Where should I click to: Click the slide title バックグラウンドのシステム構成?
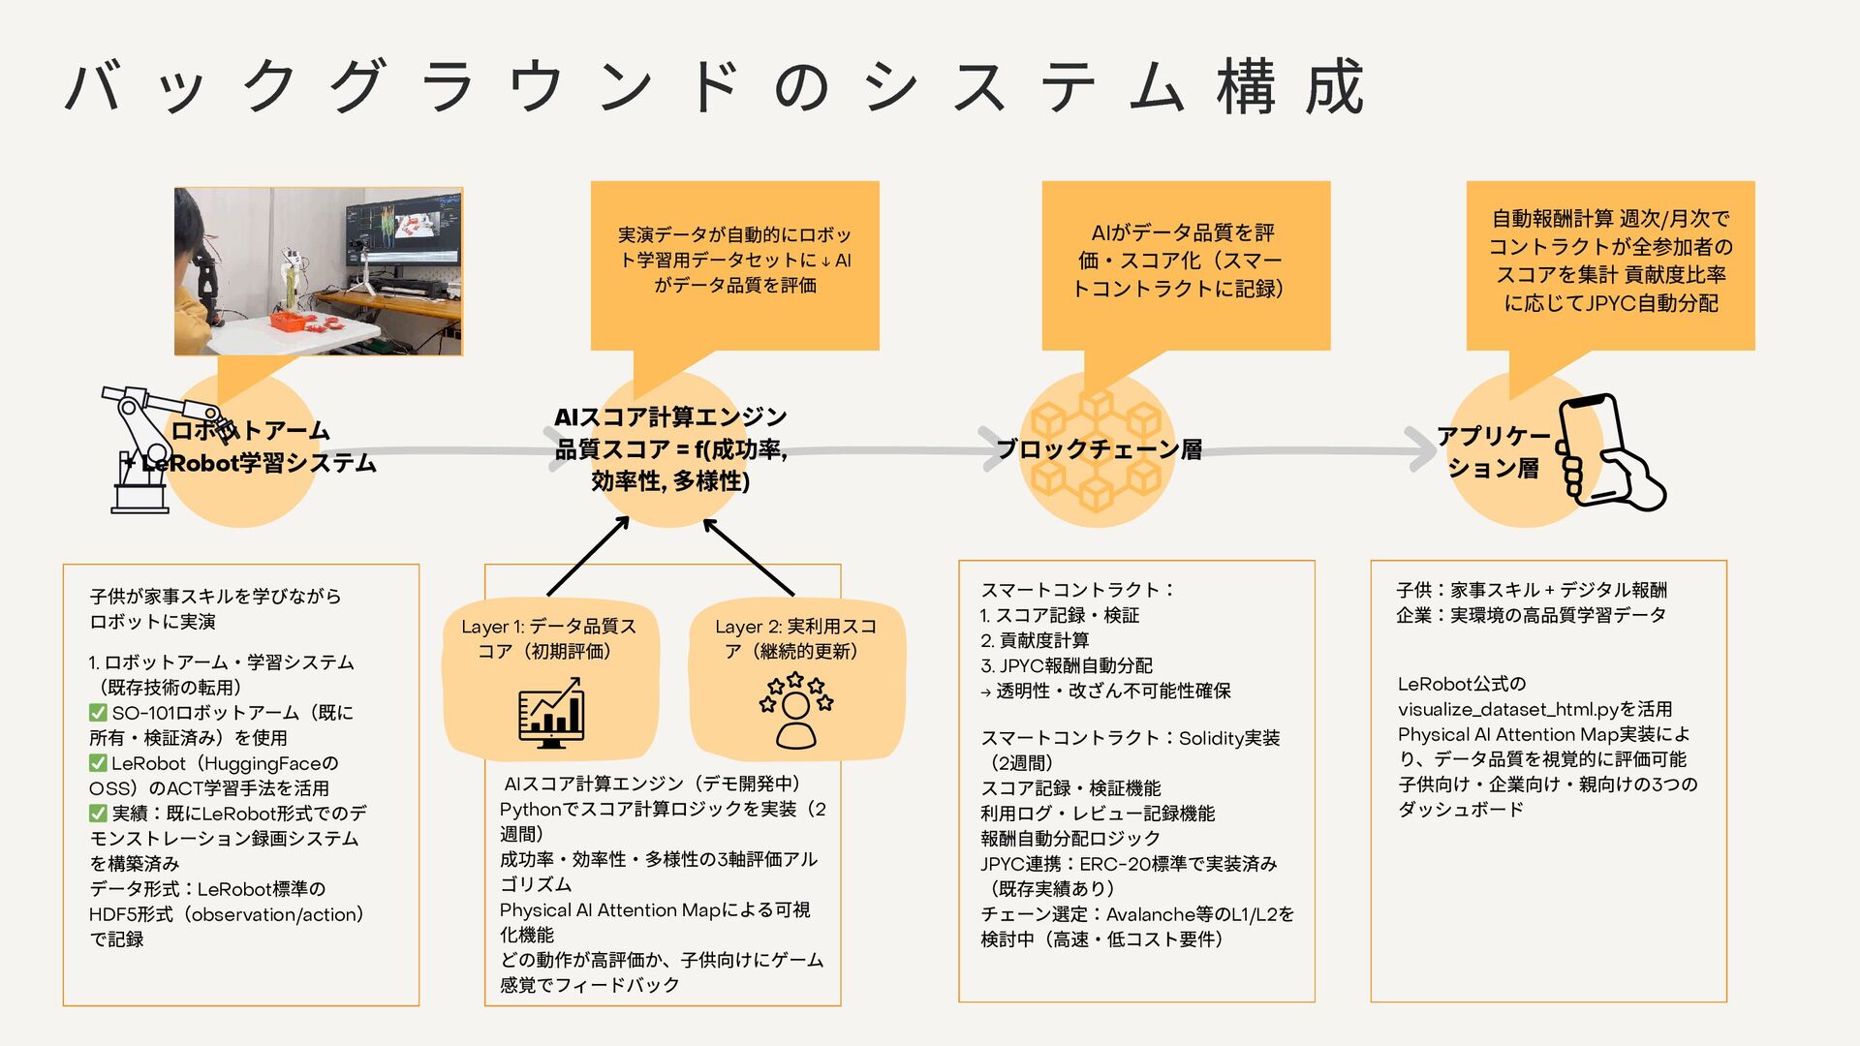pyautogui.click(x=715, y=87)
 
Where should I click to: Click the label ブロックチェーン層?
pyautogui.click(x=1099, y=449)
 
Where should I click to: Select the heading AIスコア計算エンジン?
pyautogui.click(x=670, y=417)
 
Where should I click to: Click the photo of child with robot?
pyautogui.click(x=318, y=271)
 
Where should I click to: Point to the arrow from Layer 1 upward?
pyautogui.click(x=587, y=556)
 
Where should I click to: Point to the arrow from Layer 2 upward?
pyautogui.click(x=749, y=556)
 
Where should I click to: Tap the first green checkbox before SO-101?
pyautogui.click(x=98, y=713)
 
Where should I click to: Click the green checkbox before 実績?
pyautogui.click(x=98, y=814)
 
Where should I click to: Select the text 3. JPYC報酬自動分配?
pyautogui.click(x=1067, y=665)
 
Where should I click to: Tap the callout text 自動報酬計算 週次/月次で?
pyautogui.click(x=1610, y=219)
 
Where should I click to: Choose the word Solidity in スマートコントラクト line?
pyautogui.click(x=1212, y=738)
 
